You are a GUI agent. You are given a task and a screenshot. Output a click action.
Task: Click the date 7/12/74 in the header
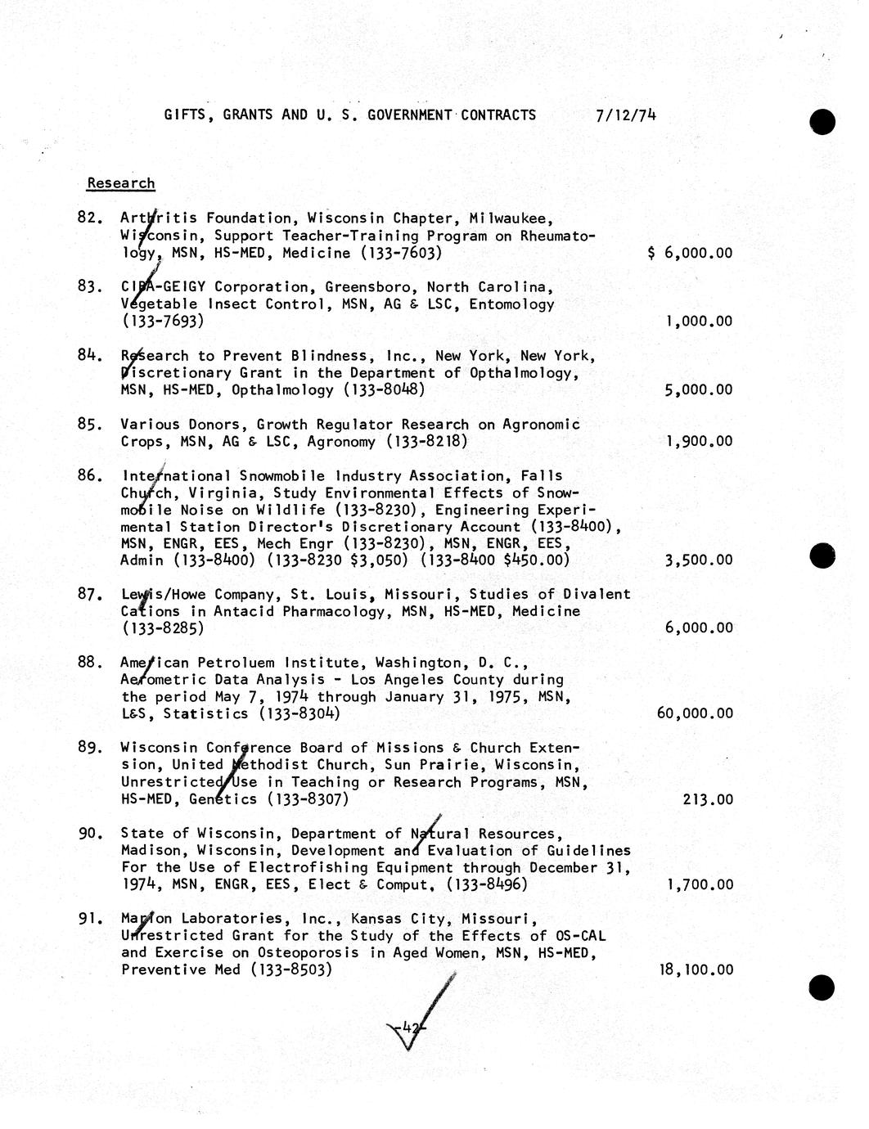coord(626,115)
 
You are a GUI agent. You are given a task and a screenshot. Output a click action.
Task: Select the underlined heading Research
coord(120,183)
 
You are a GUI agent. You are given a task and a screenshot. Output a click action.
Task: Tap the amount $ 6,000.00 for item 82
coord(689,253)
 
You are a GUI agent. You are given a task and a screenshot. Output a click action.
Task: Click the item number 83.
coord(89,287)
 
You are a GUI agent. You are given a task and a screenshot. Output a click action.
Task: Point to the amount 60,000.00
coord(695,713)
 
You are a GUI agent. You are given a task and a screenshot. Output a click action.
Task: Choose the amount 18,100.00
coord(696,970)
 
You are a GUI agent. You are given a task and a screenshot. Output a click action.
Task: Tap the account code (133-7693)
coord(162,321)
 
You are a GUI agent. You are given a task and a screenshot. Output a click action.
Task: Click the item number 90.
coord(89,834)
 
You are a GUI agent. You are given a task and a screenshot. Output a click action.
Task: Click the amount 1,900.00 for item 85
coord(699,442)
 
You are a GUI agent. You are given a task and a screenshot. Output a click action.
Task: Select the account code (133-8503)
coord(291,970)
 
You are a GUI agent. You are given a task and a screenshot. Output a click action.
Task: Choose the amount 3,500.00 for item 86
coord(699,560)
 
